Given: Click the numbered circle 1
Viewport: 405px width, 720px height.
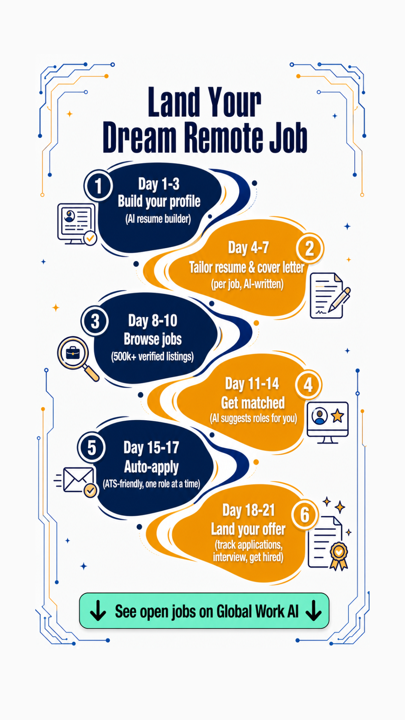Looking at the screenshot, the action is click(98, 186).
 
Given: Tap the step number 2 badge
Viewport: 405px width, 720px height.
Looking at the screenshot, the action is click(309, 248).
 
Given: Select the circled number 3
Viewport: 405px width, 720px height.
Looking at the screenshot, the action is click(95, 321).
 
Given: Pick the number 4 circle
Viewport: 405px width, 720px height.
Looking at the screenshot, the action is click(308, 385).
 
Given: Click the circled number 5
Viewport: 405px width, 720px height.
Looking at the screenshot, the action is click(91, 448).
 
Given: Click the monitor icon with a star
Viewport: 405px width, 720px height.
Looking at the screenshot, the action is click(328, 423).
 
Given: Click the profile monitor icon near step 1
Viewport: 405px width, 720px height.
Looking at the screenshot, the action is click(77, 224).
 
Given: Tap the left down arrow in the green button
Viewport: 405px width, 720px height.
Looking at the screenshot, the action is click(98, 610).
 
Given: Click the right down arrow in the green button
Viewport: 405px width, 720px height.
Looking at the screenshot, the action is click(313, 610).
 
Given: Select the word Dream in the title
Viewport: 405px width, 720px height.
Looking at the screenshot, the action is click(139, 137).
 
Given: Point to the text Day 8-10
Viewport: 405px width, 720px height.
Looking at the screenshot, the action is click(153, 321).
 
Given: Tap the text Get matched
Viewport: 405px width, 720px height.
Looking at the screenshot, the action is click(253, 403).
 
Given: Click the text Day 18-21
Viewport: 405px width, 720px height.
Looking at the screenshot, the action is click(249, 510).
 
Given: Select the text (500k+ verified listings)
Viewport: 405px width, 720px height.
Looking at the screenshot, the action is click(152, 356).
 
